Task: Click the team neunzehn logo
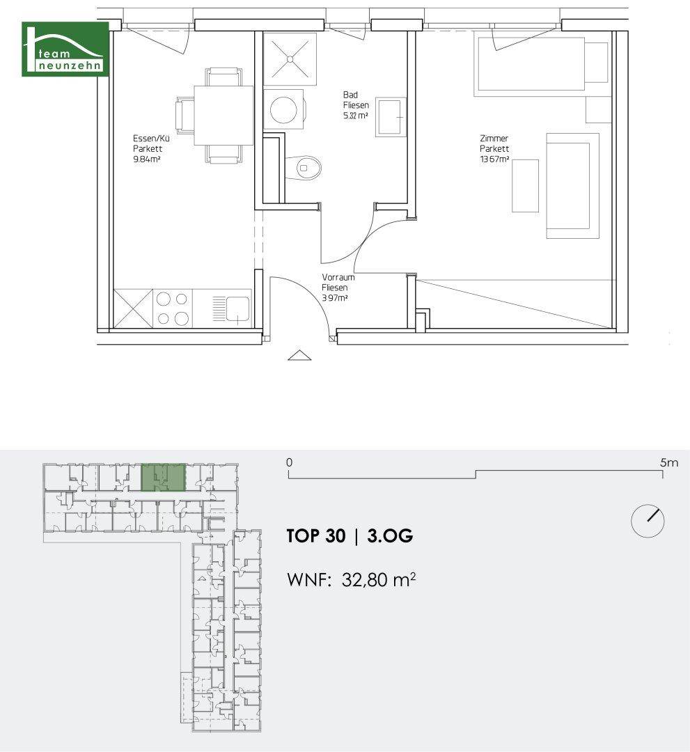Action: (65, 49)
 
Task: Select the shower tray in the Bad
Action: (290, 59)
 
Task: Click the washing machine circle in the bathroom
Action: (283, 109)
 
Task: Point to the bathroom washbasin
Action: (391, 117)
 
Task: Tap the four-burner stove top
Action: (172, 308)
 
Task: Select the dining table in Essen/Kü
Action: (224, 115)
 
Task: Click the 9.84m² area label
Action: (147, 159)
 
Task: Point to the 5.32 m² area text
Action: (356, 116)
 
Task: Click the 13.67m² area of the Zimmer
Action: (494, 159)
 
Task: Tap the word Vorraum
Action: (338, 277)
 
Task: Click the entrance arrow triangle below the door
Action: (299, 355)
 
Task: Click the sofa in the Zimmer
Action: (572, 186)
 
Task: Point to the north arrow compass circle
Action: (648, 521)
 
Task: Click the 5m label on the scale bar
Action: (669, 463)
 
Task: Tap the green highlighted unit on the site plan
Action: (164, 477)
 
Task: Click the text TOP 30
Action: (316, 535)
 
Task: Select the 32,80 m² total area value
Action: (378, 580)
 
